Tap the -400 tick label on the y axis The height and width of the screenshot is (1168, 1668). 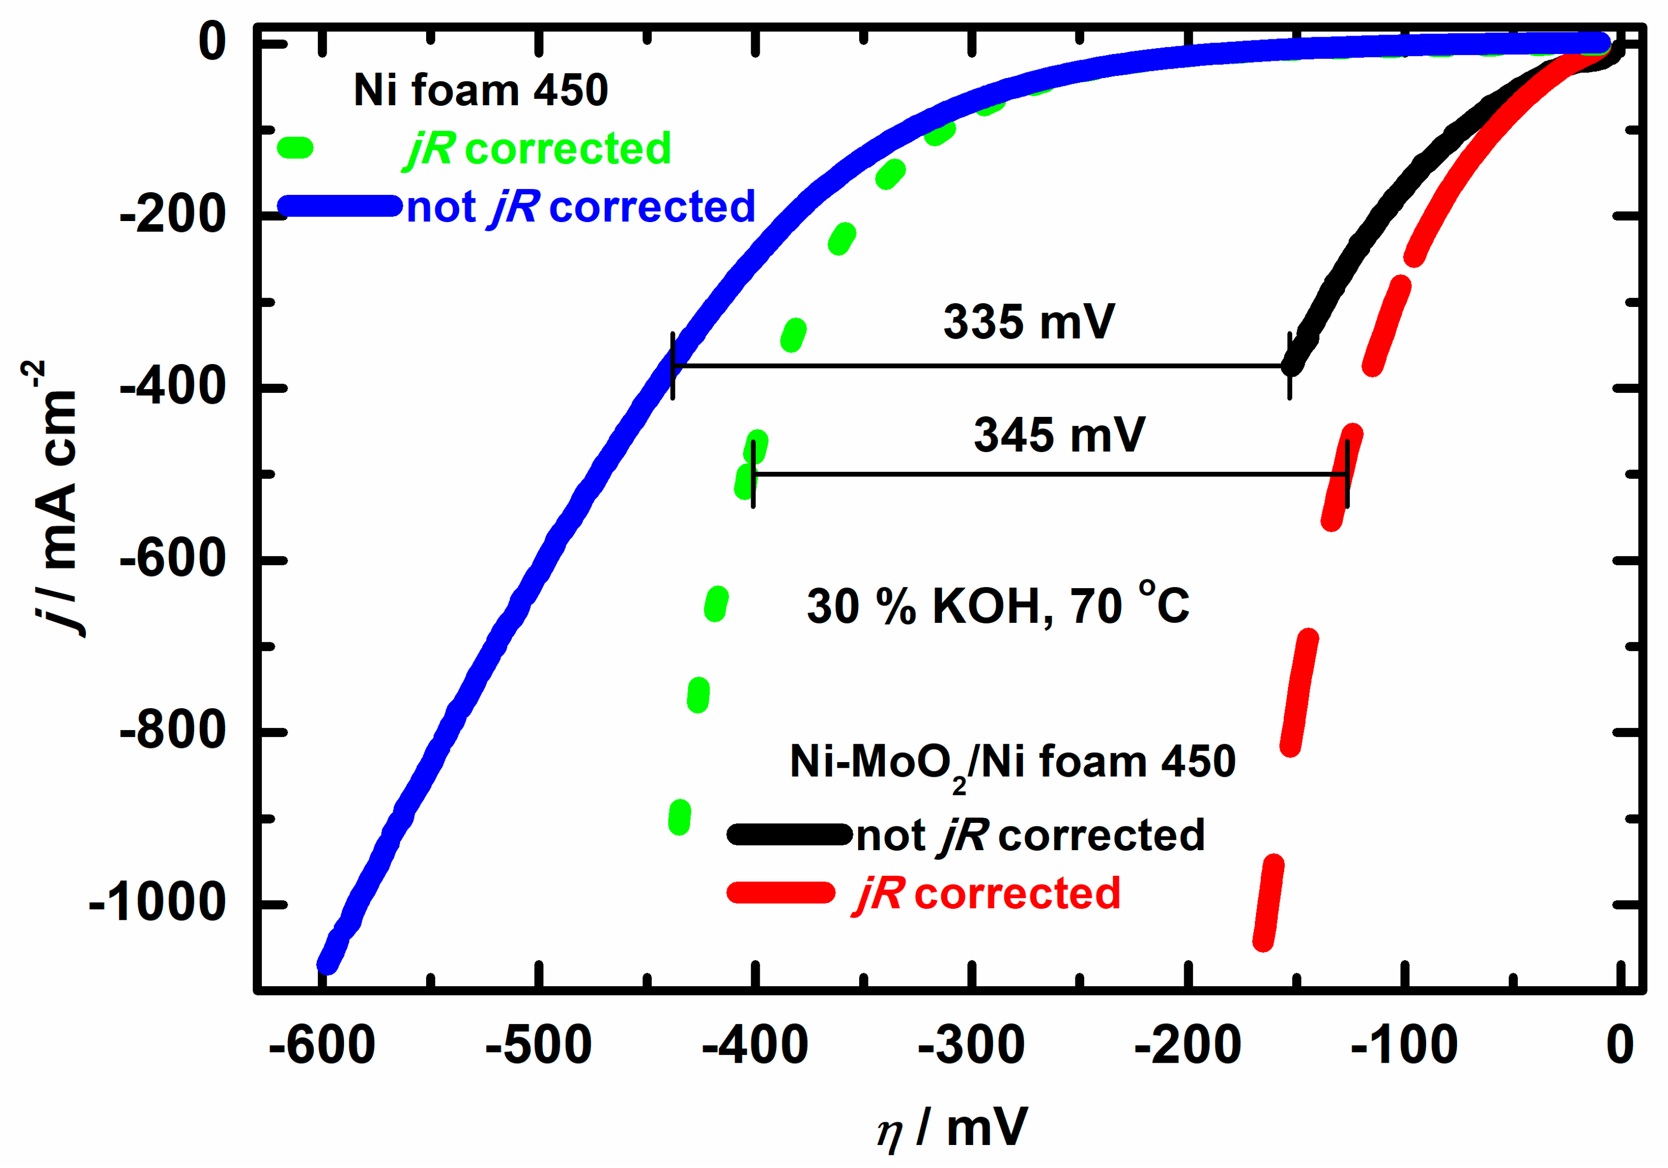point(173,388)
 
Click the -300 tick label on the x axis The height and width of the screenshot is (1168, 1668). point(971,1045)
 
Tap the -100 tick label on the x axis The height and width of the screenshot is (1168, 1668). point(1404,1045)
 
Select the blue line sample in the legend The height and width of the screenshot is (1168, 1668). point(339,206)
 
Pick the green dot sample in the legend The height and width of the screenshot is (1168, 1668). point(296,148)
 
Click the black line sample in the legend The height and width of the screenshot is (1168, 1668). point(789,834)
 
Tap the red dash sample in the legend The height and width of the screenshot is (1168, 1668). point(781,892)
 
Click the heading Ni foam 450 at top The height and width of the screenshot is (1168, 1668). point(480,91)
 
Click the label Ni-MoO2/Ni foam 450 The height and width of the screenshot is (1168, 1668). point(1012,763)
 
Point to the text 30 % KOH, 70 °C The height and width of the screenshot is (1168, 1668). point(997,605)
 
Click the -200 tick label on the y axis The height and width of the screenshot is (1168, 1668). point(173,216)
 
